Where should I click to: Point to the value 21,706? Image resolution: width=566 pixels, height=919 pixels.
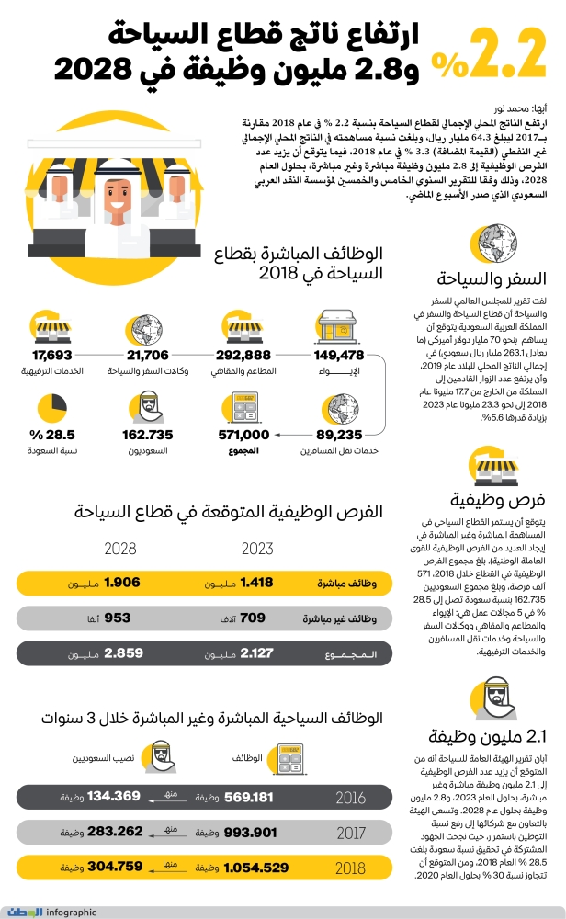point(148,355)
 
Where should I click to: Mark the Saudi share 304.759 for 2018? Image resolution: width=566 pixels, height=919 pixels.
point(113,867)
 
